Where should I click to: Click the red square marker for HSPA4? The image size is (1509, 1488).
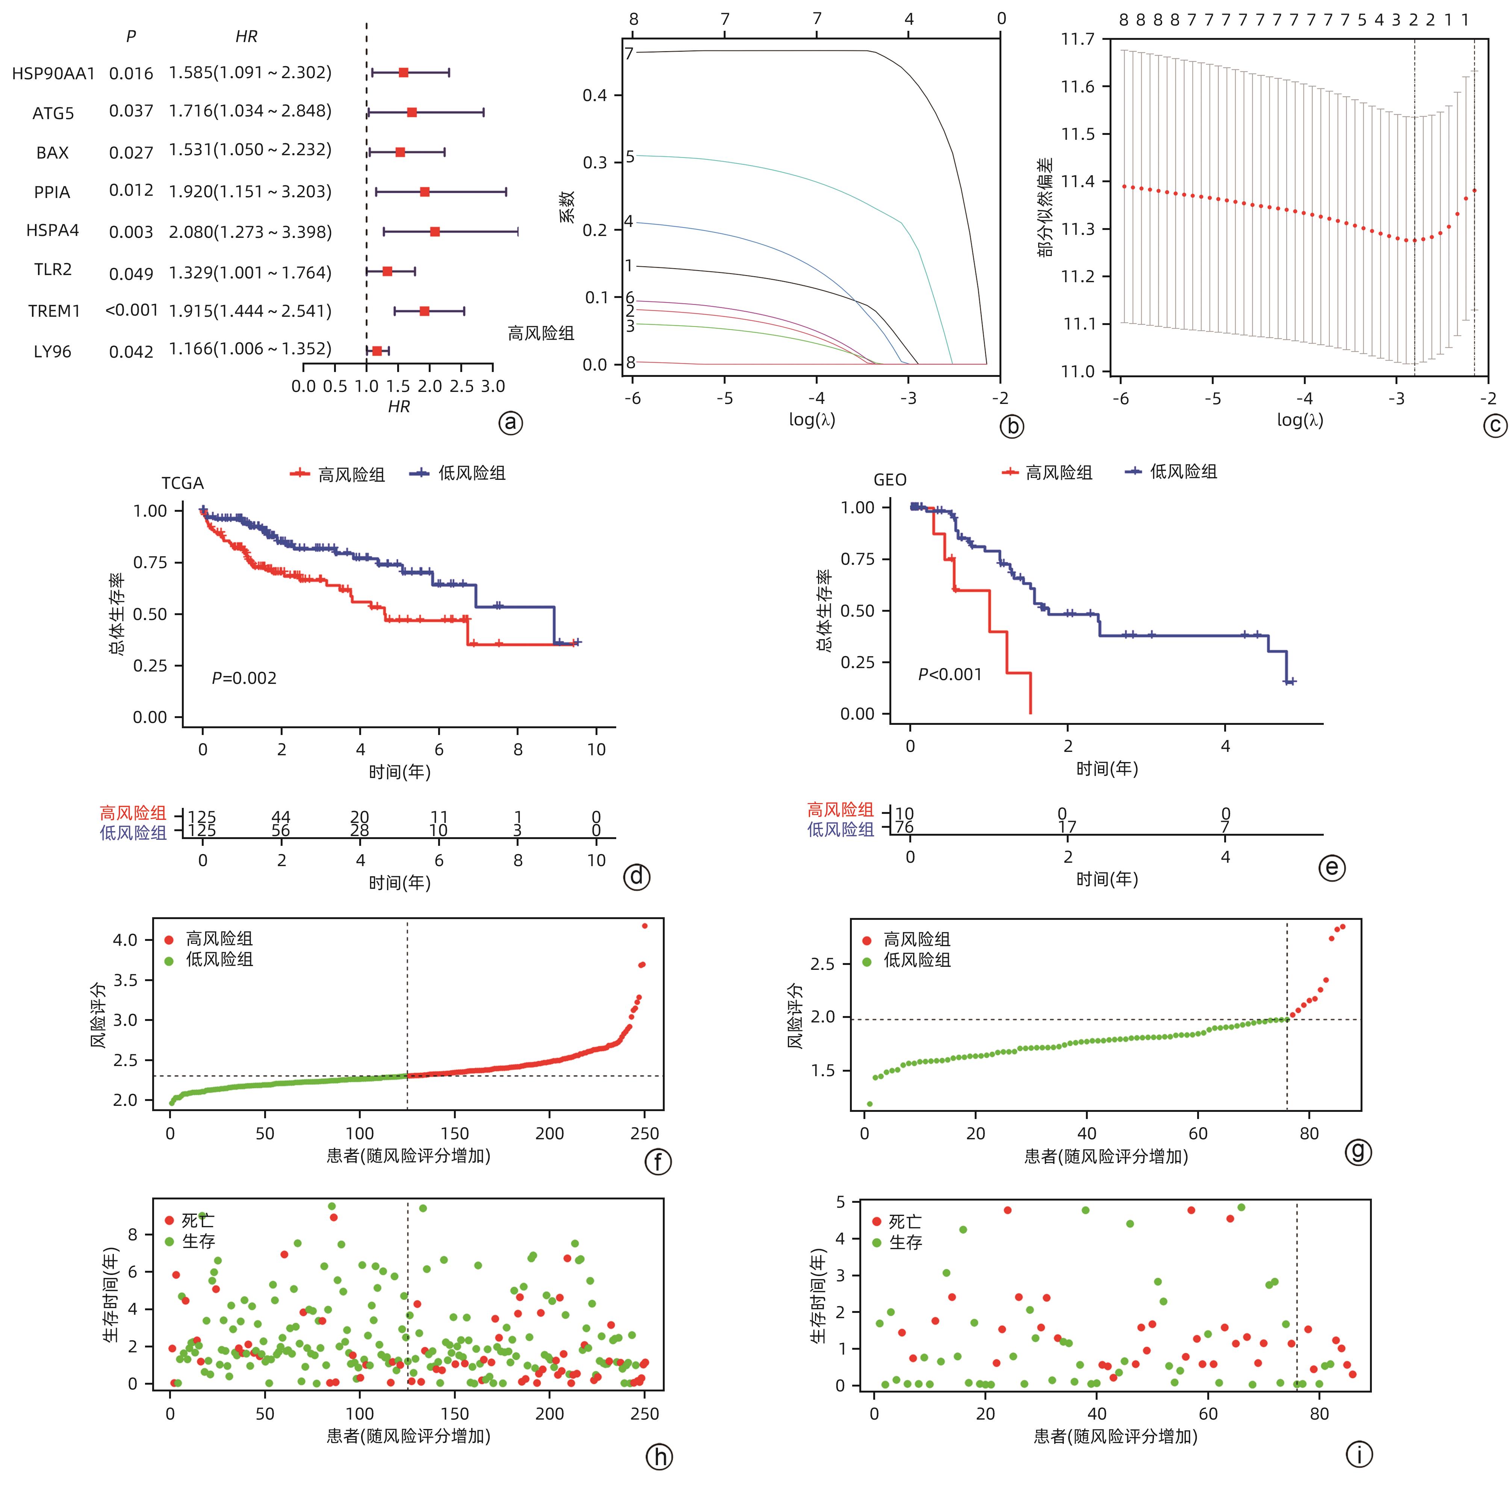[x=434, y=232]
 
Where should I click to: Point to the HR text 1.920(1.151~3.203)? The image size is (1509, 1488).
[x=250, y=191]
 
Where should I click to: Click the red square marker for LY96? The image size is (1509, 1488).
[x=376, y=351]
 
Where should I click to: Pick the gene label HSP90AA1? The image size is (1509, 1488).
[x=53, y=73]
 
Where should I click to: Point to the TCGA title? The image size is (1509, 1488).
[x=183, y=484]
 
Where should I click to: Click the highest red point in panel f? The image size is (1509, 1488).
[x=644, y=925]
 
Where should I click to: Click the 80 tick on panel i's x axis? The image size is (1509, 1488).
[x=1319, y=1413]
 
